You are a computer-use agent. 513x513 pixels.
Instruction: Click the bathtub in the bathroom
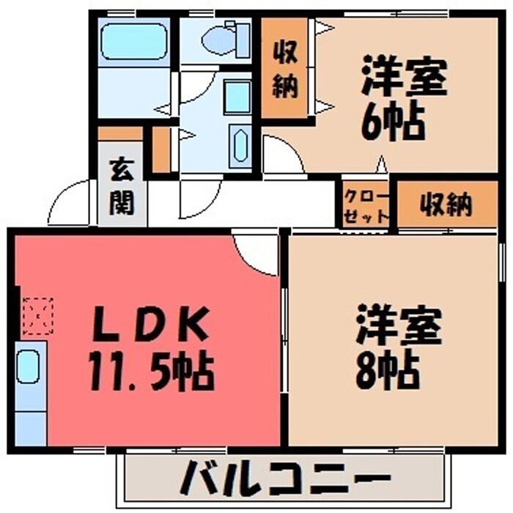134,42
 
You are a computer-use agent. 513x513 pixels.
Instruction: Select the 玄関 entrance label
122,187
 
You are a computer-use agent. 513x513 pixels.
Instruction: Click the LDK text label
150,324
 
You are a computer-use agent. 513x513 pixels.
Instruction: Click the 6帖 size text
393,120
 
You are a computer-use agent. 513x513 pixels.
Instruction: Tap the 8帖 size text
388,369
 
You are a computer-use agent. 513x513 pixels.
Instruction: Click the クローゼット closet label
366,206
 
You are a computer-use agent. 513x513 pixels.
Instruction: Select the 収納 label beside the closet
446,205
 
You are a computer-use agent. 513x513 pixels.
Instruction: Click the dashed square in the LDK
37,316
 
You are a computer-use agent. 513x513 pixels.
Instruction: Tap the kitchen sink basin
28,366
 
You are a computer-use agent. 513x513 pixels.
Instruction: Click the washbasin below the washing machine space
240,145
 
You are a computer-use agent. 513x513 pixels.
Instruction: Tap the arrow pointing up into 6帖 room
381,163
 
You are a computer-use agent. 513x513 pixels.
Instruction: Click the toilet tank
243,40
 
